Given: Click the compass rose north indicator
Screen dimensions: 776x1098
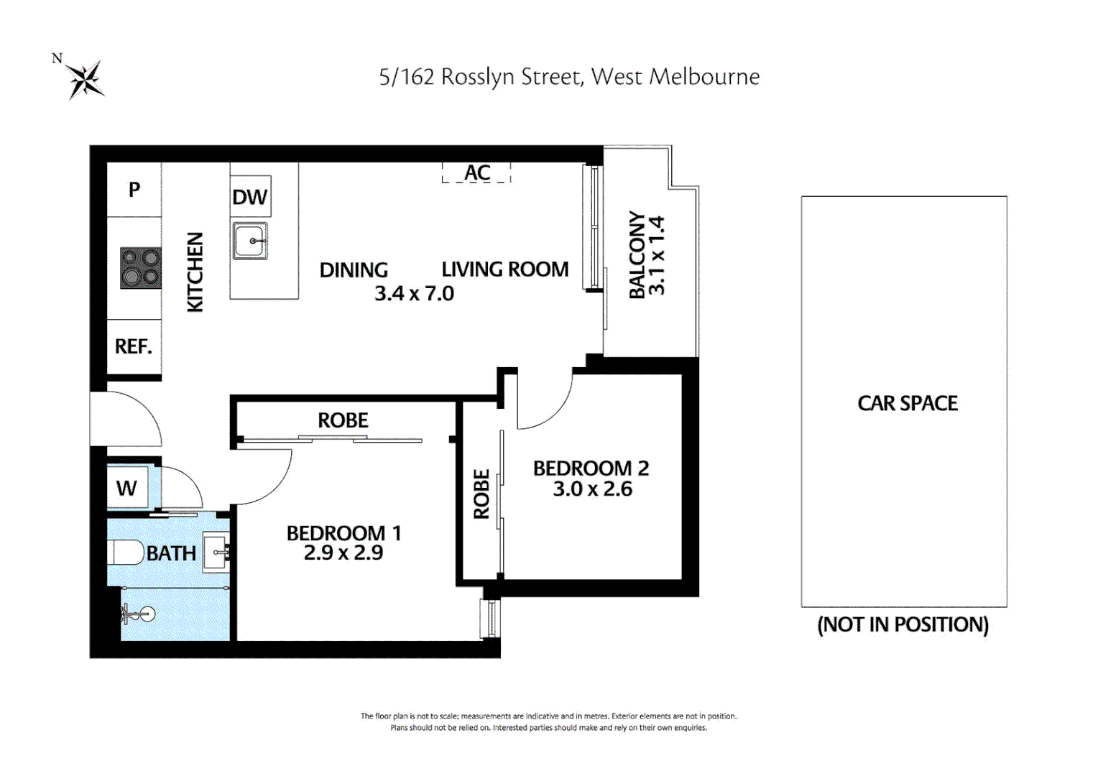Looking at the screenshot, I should (84, 78).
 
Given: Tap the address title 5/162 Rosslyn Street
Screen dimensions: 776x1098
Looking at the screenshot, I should (568, 77).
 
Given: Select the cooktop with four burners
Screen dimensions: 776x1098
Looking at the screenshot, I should (141, 267).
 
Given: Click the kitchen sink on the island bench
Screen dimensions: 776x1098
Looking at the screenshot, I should (250, 241).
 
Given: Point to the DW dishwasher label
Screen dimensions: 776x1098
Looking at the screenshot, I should (249, 197).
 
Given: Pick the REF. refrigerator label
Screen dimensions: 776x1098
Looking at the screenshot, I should (134, 347).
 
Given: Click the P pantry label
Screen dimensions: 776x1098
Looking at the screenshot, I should (134, 190).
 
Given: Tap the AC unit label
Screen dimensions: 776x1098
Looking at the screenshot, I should (477, 172).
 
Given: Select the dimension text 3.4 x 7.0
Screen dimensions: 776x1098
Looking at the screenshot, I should (414, 294).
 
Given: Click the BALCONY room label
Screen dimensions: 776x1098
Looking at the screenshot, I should (637, 254).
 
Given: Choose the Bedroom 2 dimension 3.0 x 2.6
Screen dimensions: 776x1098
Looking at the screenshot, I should (592, 489).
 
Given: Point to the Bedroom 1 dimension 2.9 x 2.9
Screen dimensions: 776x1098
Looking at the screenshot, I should (343, 553).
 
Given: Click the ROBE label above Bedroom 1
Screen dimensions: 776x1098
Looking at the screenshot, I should (343, 420).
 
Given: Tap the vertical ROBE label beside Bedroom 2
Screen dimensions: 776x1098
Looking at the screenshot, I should (481, 494).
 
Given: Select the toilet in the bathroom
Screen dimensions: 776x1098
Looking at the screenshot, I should (126, 553).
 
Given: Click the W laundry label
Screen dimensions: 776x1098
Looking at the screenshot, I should (126, 489).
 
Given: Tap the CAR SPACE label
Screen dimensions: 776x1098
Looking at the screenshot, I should (907, 404).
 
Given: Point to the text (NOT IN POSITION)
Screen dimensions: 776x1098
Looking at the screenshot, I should (903, 624).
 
